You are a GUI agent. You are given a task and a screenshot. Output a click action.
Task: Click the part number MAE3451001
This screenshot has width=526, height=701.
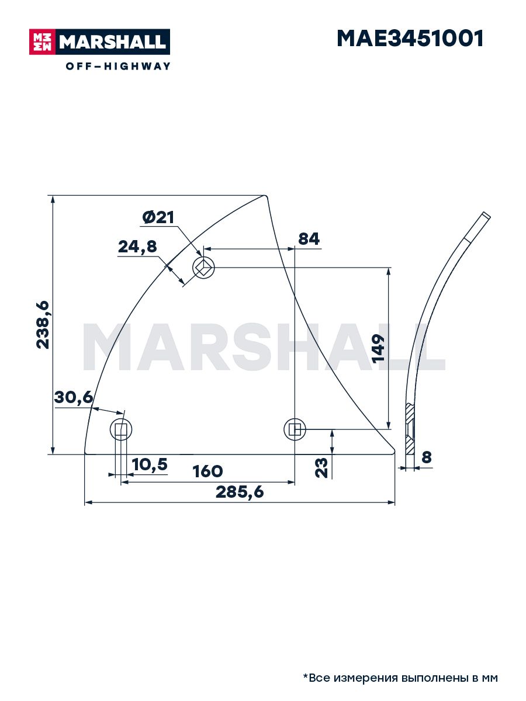[410, 39]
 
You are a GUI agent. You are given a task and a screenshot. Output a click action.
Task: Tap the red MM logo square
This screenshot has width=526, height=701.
[43, 42]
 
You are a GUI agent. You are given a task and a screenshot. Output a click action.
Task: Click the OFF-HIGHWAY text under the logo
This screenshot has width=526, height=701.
[118, 66]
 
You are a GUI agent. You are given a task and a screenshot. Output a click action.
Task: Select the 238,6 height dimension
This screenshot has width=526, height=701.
[43, 325]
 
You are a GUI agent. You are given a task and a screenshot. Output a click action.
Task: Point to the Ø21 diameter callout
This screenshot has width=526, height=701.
[158, 218]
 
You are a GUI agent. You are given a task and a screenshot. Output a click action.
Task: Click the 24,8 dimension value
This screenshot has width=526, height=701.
[138, 247]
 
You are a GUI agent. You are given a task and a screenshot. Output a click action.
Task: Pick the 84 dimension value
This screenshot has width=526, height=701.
[309, 239]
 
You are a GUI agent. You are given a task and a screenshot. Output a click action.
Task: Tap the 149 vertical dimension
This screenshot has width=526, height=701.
[378, 348]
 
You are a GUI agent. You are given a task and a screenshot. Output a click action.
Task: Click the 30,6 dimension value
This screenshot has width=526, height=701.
[74, 398]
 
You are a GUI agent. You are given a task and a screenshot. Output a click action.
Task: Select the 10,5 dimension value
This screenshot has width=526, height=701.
[150, 464]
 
